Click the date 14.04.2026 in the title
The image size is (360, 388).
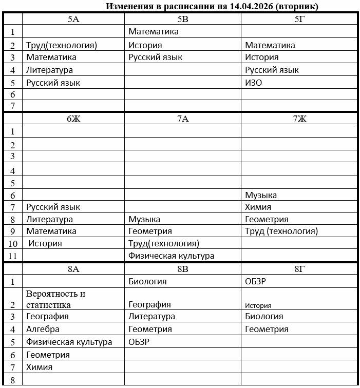pos(250,7)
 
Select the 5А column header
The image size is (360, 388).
pos(73,19)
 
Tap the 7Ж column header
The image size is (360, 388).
pos(299,119)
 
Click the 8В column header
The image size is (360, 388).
pos(183,269)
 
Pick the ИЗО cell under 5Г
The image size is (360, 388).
pos(254,82)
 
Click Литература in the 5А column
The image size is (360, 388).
pos(49,70)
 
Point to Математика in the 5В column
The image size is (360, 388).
pos(154,32)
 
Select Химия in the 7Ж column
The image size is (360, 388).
pos(258,207)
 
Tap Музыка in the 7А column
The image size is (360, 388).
pos(144,220)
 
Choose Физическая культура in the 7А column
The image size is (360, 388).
pos(171,256)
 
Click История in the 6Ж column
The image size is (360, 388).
pos(45,243)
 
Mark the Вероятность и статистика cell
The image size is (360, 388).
pos(55,299)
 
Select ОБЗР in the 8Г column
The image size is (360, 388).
pos(256,281)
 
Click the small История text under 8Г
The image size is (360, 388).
pos(258,305)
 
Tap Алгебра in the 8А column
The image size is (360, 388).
pos(43,329)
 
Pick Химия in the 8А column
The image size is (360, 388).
pos(39,367)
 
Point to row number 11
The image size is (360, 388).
pos(13,256)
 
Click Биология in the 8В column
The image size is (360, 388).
pos(147,281)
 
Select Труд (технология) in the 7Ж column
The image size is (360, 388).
pos(281,231)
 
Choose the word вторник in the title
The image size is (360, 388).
pos(300,7)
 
